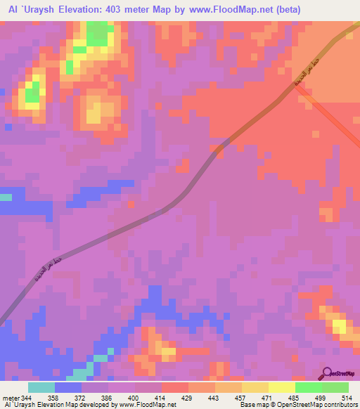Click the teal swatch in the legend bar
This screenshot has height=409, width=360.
[41, 387]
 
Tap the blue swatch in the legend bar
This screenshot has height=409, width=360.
[68, 387]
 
